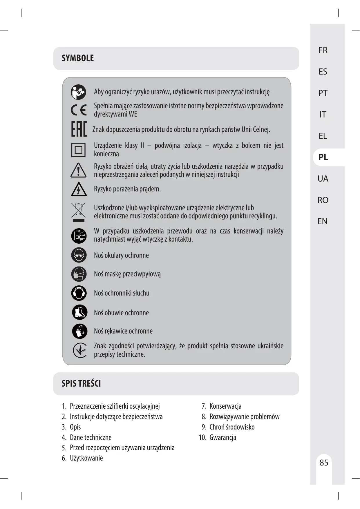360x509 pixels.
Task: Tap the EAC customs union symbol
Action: point(79,129)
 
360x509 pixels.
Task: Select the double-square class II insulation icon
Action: point(78,150)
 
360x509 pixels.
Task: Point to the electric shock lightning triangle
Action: point(79,189)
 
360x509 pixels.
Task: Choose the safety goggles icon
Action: point(79,255)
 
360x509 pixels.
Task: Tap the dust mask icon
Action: point(79,274)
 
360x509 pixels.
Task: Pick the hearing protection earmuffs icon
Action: point(79,293)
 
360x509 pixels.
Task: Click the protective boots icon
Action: point(79,312)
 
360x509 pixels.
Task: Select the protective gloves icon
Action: point(79,331)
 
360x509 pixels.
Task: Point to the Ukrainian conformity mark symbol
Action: point(79,350)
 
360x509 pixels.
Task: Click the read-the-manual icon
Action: point(78,92)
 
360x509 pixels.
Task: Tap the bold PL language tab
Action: point(323,157)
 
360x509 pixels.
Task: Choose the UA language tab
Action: point(323,179)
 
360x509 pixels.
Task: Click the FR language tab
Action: point(323,50)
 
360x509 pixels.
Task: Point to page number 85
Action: point(324,462)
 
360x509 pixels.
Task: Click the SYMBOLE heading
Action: point(78,58)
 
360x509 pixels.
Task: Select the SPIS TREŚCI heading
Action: point(81,383)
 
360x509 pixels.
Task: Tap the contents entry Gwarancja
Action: point(222,437)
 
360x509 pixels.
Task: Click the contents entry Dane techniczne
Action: point(91,437)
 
